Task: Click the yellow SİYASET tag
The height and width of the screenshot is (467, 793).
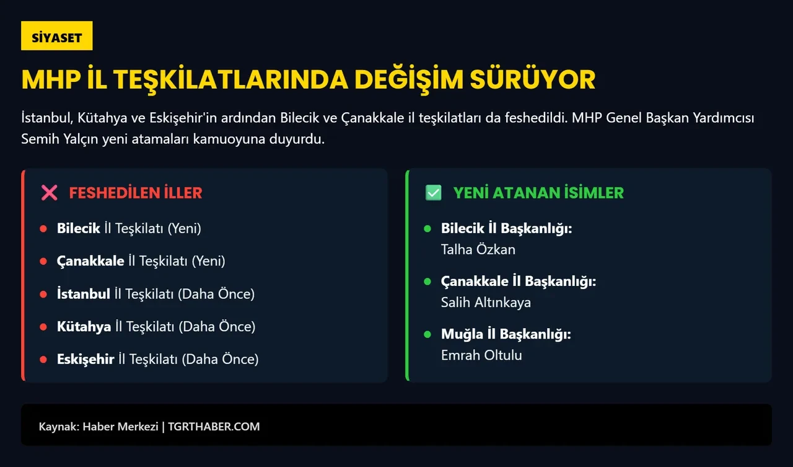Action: pyautogui.click(x=56, y=37)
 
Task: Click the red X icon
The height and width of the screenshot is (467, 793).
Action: pyautogui.click(x=49, y=193)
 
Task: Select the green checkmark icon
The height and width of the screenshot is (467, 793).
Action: pyautogui.click(x=434, y=193)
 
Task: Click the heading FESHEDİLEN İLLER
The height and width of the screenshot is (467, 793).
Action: pyautogui.click(x=136, y=193)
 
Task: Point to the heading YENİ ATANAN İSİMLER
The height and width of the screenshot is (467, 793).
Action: pyautogui.click(x=538, y=193)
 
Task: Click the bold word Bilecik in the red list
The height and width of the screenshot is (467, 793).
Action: pyautogui.click(x=79, y=228)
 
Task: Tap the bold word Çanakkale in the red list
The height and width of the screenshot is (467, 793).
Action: pyautogui.click(x=90, y=261)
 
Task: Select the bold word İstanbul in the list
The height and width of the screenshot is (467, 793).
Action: pyautogui.click(x=84, y=293)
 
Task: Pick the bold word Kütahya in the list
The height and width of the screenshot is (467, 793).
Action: pyautogui.click(x=84, y=326)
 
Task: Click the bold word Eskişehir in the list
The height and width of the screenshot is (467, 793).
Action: pyautogui.click(x=85, y=358)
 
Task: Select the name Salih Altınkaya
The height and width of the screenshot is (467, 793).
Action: pyautogui.click(x=486, y=302)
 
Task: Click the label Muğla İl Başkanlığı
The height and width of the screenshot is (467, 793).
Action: pyautogui.click(x=506, y=334)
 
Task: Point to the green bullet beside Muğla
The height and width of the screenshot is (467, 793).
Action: pyautogui.click(x=427, y=334)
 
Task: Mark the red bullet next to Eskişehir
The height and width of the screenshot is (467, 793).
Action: pyautogui.click(x=43, y=359)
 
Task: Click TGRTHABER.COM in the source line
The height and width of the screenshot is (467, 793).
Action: pyautogui.click(x=214, y=427)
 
